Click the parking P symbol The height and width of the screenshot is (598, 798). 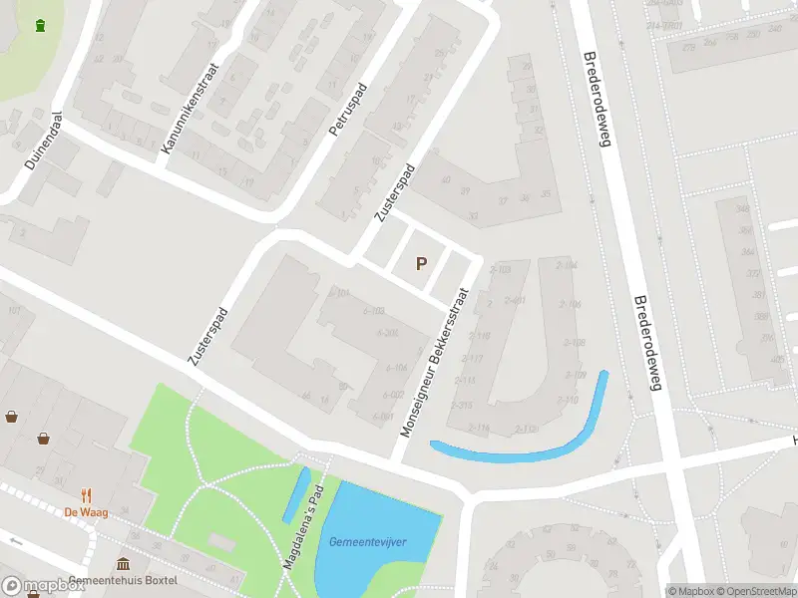421,264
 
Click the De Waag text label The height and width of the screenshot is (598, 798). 86,511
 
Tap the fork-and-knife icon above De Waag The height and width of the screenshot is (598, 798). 87,494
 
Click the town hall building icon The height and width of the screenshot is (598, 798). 123,564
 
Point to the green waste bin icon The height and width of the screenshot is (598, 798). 40,26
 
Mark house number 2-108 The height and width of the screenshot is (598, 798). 573,343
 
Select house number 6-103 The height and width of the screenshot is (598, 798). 374,311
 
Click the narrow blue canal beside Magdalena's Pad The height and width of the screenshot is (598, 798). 295,494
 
